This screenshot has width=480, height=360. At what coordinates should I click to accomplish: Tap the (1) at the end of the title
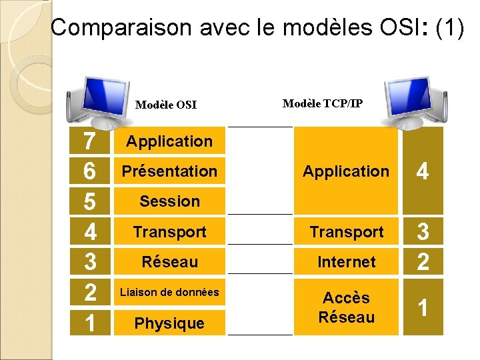449,27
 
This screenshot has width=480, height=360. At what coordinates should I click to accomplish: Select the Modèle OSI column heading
166,105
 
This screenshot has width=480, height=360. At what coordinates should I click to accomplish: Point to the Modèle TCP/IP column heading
323,103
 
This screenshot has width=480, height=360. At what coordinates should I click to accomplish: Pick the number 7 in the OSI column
89,141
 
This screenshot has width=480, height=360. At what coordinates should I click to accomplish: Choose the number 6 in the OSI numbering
89,172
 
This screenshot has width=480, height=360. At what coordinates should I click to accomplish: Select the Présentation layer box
169,171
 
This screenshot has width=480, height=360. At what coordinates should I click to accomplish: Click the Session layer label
169,201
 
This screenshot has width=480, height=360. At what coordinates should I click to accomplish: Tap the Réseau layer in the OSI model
169,262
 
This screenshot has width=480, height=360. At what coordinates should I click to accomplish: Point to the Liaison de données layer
169,292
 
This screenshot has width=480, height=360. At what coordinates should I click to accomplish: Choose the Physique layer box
169,323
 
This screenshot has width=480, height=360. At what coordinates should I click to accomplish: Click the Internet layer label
347,262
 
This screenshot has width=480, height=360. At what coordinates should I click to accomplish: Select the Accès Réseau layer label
347,307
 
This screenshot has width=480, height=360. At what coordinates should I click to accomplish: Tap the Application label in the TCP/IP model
346,171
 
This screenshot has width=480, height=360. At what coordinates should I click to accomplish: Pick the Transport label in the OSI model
169,232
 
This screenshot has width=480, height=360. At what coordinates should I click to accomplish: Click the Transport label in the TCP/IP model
347,232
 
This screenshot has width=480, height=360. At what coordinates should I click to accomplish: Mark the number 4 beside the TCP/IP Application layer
422,172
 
